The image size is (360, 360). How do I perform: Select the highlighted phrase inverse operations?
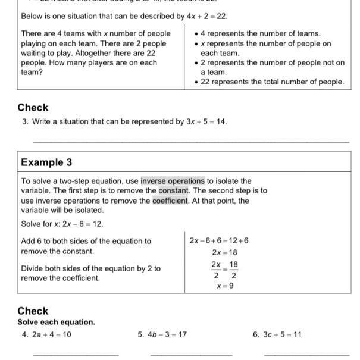(x=173, y=181)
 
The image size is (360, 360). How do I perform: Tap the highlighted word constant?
(x=174, y=191)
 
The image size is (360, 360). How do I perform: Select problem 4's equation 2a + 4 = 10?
(x=51, y=334)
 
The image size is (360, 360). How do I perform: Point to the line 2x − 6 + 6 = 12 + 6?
(x=219, y=241)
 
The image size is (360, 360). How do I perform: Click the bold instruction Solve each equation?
(x=56, y=322)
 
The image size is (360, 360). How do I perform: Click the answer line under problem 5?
(x=191, y=355)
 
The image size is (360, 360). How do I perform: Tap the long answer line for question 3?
(x=190, y=142)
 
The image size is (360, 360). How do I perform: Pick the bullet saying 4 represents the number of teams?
(x=260, y=34)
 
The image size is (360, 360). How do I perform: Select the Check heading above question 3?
(x=33, y=108)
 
